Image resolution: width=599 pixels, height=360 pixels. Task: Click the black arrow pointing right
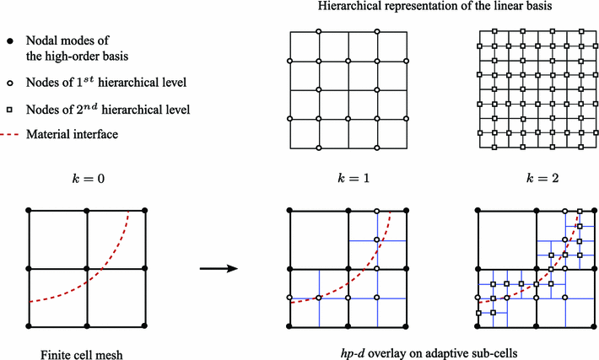point(216,270)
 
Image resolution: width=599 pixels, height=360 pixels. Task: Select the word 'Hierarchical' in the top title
point(348,8)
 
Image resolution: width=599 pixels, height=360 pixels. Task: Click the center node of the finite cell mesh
point(87,270)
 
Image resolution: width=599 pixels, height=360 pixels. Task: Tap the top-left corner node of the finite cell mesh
point(28,210)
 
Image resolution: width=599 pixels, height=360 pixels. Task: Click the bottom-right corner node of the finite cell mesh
point(146,326)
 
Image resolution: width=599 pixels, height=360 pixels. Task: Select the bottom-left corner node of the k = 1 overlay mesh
point(289,326)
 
